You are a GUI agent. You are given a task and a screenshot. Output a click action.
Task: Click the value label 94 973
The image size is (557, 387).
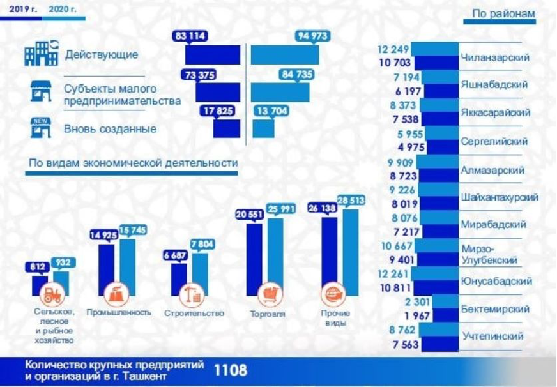coord(312,36)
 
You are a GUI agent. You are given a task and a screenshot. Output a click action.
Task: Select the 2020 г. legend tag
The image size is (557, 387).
coord(64,10)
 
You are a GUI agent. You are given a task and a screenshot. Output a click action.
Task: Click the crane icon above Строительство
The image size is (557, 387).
coord(192,294)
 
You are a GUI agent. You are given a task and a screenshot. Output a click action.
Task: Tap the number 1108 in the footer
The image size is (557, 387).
coord(230,370)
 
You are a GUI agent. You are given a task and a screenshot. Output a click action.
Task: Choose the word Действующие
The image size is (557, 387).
coord(102,54)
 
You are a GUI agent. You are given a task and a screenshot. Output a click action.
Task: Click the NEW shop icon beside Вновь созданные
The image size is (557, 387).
coord(41,128)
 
